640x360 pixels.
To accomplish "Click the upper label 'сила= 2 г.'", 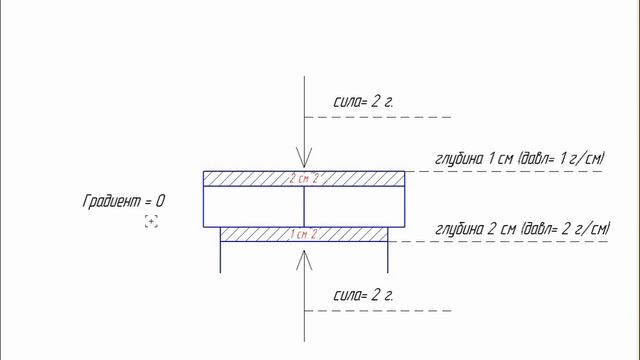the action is (x=363, y=102).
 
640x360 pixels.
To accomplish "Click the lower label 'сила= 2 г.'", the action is (x=363, y=295).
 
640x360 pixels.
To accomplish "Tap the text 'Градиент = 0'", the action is (x=124, y=201).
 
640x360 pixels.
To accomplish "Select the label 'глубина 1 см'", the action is (x=474, y=158).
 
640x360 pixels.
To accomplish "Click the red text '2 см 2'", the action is (x=304, y=178).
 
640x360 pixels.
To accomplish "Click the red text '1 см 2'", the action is (x=304, y=234).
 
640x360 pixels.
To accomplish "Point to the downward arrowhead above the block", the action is (x=304, y=158).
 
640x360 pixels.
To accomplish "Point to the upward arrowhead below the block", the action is (x=304, y=260).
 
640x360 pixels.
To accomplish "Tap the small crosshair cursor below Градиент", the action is (x=151, y=222).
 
